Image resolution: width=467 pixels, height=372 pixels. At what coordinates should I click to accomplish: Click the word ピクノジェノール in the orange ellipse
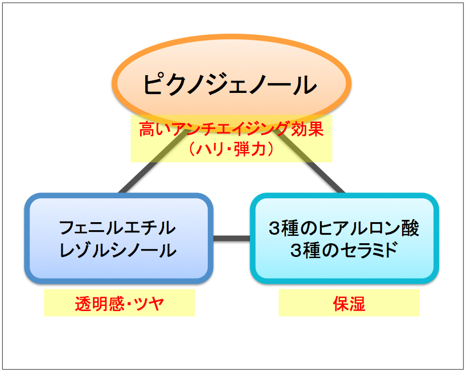pyautogui.click(x=230, y=84)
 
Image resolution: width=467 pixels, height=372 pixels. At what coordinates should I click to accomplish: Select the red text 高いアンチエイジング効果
pyautogui.click(x=231, y=129)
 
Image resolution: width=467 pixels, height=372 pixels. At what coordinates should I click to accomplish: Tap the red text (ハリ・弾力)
pyautogui.click(x=231, y=149)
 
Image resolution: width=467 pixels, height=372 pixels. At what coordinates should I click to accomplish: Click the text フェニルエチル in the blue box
pyautogui.click(x=117, y=228)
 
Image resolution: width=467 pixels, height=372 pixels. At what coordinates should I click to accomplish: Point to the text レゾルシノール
pyautogui.click(x=118, y=250)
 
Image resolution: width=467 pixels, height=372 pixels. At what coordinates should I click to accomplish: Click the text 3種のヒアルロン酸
pyautogui.click(x=343, y=228)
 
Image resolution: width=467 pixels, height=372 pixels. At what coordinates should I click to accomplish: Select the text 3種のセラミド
pyautogui.click(x=343, y=250)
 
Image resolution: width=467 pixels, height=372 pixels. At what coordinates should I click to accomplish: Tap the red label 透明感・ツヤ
pyautogui.click(x=120, y=304)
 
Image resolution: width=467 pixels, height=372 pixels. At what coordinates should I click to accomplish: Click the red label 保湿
pyautogui.click(x=349, y=304)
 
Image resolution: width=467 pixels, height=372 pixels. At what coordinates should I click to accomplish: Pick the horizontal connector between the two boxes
pyautogui.click(x=232, y=238)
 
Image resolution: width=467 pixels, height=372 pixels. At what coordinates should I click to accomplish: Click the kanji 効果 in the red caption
pyautogui.click(x=307, y=129)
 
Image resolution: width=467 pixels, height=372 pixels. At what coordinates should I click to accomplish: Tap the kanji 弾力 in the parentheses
pyautogui.click(x=249, y=149)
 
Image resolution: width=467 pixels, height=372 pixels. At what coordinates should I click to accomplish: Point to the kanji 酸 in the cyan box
pyautogui.click(x=411, y=228)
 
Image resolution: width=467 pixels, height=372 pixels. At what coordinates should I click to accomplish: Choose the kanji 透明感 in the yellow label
pyautogui.click(x=100, y=304)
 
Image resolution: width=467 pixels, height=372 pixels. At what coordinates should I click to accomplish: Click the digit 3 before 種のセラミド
pyautogui.click(x=297, y=251)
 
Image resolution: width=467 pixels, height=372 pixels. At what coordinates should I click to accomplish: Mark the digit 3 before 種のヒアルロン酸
pyautogui.click(x=275, y=228)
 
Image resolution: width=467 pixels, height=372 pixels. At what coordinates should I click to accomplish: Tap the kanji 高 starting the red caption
pyautogui.click(x=148, y=129)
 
